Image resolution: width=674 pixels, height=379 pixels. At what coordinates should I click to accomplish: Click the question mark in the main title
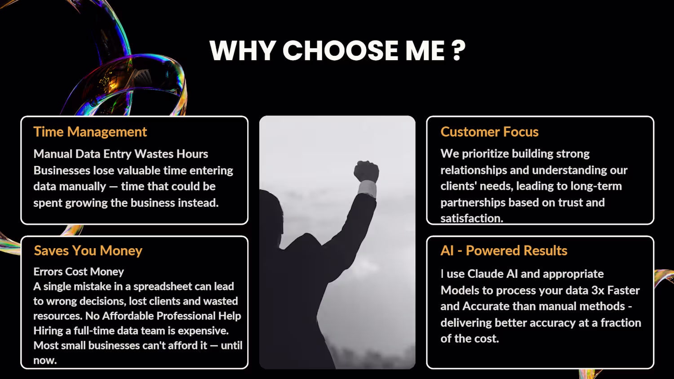(x=458, y=50)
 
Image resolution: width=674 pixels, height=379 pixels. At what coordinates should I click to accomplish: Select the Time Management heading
(x=90, y=132)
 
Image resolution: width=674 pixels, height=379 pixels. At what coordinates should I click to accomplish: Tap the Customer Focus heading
(x=489, y=132)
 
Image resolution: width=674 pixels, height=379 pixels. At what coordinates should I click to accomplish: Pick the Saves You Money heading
(x=88, y=250)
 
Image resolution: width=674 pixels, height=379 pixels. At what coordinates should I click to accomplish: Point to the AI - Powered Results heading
(x=504, y=250)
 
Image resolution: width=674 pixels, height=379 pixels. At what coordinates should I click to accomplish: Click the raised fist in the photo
(x=366, y=171)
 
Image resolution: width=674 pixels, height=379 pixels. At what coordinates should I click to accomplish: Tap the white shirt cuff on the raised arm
(x=368, y=187)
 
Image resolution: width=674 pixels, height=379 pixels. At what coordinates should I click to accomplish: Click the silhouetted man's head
(x=271, y=217)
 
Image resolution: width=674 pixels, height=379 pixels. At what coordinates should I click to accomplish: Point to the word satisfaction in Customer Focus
(x=471, y=218)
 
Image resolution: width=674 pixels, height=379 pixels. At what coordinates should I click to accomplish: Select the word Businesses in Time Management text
(x=62, y=170)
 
